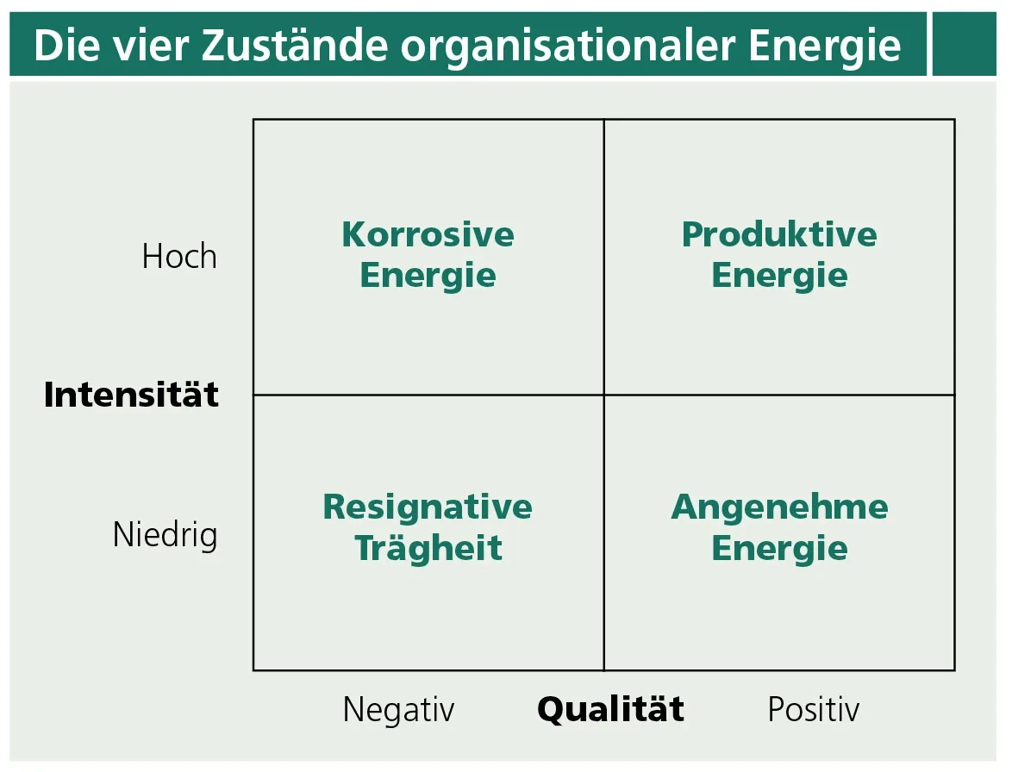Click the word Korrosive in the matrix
coord(428,234)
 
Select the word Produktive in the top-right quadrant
coord(779,234)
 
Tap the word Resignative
coord(428,507)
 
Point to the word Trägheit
coord(428,548)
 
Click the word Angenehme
coord(779,507)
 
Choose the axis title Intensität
coord(131,395)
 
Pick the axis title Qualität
coord(610,709)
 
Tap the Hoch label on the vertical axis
coord(179,257)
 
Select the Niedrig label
coord(166,535)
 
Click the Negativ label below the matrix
coord(398,710)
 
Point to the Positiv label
coord(813,710)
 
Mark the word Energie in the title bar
coord(825,46)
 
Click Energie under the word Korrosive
coord(428,276)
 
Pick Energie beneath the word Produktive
coord(779,276)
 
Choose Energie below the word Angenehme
coord(779,548)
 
